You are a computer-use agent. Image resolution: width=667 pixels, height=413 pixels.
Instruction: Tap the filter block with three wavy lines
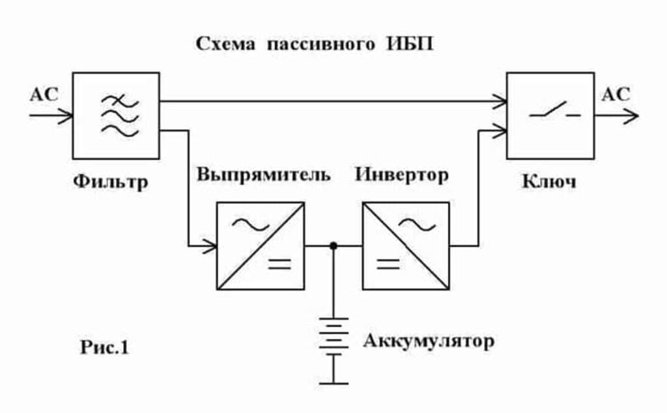tap(116, 115)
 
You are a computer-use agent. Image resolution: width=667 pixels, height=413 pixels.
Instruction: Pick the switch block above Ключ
tap(550, 115)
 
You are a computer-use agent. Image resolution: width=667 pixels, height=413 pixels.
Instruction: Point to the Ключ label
tap(548, 180)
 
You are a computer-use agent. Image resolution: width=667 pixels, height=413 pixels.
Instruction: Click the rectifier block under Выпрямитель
tap(260, 246)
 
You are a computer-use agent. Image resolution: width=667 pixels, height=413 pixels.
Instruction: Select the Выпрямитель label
tap(264, 175)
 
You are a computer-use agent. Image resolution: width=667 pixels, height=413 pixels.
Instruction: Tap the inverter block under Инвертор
tap(406, 246)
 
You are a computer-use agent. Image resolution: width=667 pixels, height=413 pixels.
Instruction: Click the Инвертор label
tap(402, 175)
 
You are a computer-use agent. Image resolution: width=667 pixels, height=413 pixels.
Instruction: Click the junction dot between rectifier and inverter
tap(333, 246)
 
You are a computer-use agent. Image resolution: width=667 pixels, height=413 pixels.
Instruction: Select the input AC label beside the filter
tap(44, 94)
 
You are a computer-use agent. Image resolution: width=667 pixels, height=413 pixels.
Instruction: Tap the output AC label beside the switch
tap(616, 94)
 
